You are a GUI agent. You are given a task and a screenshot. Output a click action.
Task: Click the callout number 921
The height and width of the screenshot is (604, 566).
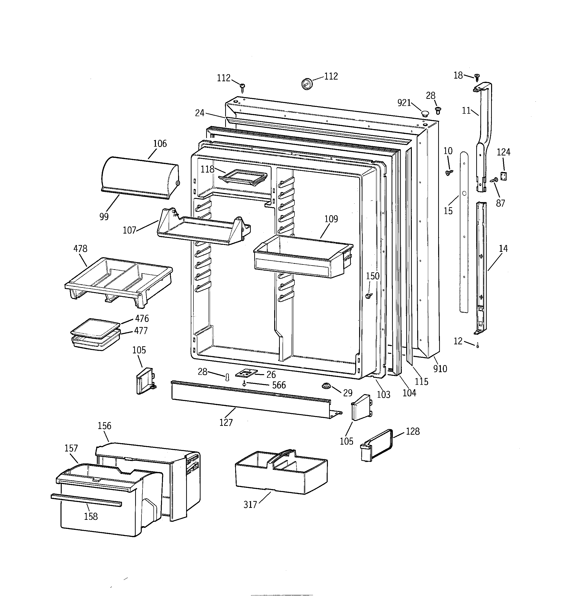(x=404, y=103)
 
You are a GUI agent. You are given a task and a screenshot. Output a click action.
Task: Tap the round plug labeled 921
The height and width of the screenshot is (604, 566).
(x=425, y=114)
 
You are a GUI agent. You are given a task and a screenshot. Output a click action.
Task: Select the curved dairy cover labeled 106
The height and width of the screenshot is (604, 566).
(x=140, y=176)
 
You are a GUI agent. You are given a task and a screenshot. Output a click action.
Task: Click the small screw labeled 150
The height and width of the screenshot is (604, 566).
(x=369, y=295)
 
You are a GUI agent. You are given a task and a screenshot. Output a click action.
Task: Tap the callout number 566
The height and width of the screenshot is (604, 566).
(x=279, y=385)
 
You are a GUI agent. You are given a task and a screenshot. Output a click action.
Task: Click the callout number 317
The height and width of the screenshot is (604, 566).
(x=250, y=505)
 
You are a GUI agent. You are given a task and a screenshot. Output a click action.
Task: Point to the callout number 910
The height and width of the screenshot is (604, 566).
(x=440, y=369)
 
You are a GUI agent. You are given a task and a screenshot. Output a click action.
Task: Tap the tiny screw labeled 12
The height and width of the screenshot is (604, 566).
(x=477, y=346)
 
